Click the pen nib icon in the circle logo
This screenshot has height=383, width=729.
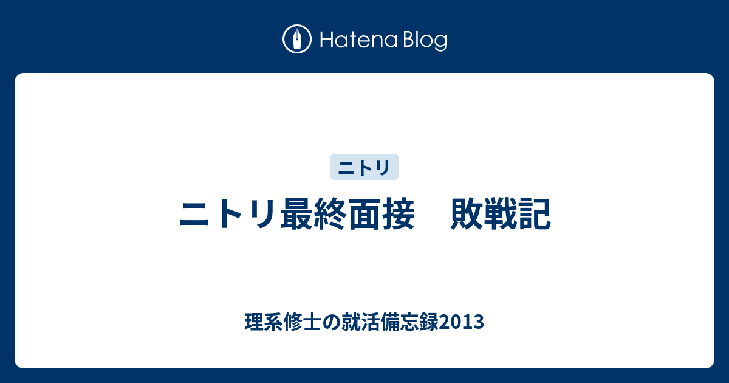(297, 39)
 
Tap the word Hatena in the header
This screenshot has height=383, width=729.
(359, 40)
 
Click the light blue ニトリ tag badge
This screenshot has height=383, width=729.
(364, 167)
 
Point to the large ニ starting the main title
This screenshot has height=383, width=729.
(194, 214)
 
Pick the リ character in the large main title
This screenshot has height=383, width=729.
(261, 214)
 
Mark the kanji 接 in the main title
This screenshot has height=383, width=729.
(398, 214)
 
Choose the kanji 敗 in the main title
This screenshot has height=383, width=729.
(467, 214)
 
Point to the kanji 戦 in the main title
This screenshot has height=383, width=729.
(501, 214)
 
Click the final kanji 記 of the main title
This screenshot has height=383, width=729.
(535, 214)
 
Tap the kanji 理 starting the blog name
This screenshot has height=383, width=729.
(254, 322)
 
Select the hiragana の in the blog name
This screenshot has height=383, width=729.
(332, 322)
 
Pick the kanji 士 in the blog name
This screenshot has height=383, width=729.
(312, 322)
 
